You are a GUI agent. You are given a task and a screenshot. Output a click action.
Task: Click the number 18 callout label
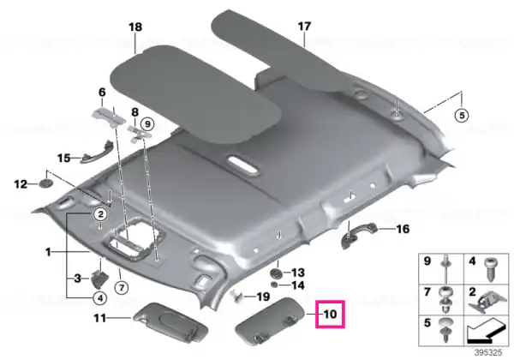point(135,27)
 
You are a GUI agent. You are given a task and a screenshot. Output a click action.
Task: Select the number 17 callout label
point(304,26)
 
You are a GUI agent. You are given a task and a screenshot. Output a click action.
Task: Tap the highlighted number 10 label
point(330,314)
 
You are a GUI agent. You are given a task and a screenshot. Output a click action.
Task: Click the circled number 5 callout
point(462,116)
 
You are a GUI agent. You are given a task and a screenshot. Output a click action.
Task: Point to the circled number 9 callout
point(147,124)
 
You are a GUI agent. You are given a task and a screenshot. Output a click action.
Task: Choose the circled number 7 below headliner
point(122,288)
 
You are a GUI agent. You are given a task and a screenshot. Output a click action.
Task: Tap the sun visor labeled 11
point(170,322)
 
